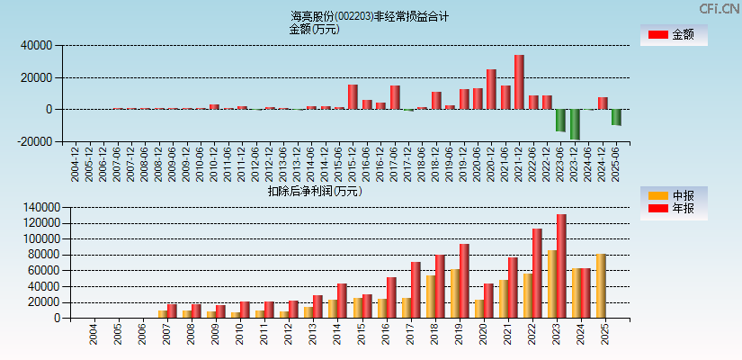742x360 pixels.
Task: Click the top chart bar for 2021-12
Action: point(519,82)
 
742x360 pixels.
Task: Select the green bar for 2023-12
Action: point(575,124)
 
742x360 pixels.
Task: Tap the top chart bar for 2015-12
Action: point(353,97)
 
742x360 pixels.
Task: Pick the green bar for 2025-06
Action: point(616,117)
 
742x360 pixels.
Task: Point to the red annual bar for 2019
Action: point(464,281)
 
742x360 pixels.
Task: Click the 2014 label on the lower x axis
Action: point(336,337)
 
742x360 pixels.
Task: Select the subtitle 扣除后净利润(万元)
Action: point(315,191)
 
